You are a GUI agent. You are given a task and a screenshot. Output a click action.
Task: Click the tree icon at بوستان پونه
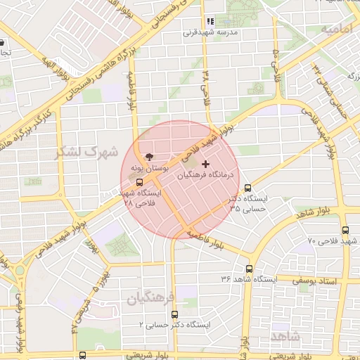coord(148,157)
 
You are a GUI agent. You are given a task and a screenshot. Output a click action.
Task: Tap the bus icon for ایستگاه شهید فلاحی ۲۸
coord(139,182)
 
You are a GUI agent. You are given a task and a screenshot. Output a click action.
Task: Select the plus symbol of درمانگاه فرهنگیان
coord(205,164)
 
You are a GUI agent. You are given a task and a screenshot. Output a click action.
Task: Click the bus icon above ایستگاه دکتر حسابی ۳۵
coord(247,188)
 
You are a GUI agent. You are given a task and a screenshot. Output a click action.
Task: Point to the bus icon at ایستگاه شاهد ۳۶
coord(249,269)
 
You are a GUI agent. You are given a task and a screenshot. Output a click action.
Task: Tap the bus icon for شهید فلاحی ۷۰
coord(345,230)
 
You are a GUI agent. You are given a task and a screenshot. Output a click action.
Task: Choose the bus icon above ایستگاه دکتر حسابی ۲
coord(174,315)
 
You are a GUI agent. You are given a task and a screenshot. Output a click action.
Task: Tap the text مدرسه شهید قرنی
coord(211,32)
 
